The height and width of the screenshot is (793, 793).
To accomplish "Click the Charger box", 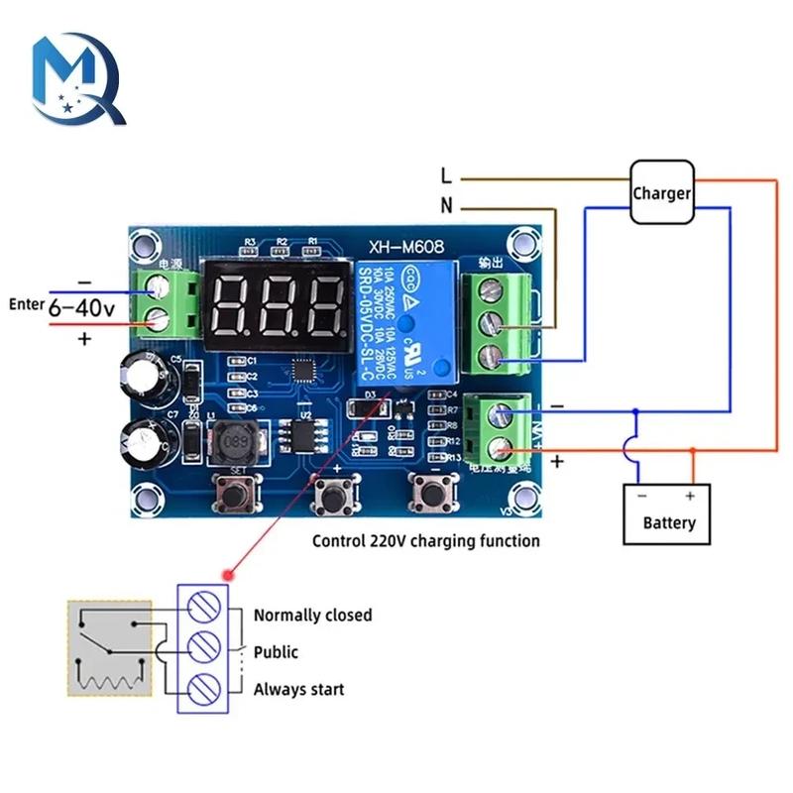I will click(x=662, y=192).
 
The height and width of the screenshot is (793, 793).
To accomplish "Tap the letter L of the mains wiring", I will click(x=447, y=177).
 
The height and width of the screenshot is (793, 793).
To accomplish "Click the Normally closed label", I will click(x=312, y=615).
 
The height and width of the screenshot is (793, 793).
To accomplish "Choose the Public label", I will click(x=276, y=652).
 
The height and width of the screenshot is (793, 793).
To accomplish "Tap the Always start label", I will click(x=299, y=689).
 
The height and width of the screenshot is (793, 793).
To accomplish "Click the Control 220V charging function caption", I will click(x=426, y=541).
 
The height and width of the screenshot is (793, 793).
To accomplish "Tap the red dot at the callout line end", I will click(x=230, y=574).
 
